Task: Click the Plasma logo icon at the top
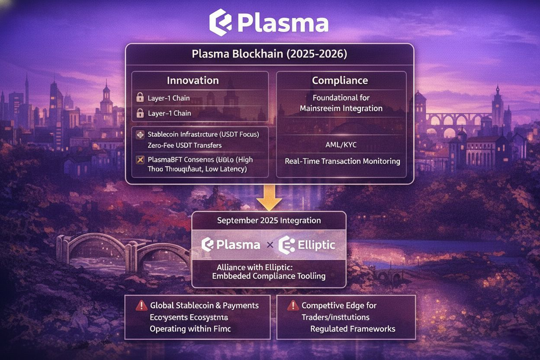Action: pos(221,22)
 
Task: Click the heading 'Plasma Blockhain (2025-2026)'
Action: pos(269,55)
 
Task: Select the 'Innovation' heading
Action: pos(193,80)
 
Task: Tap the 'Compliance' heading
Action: pos(340,80)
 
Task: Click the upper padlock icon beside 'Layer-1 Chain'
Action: pos(140,98)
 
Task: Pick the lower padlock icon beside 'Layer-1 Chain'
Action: pos(140,113)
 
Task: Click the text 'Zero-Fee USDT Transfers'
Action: pos(184,145)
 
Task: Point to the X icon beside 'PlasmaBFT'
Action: pos(140,160)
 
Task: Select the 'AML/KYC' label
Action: pos(341,145)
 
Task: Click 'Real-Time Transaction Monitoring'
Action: pos(342,161)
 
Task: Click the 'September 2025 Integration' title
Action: pos(269,220)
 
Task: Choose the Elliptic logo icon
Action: pos(287,245)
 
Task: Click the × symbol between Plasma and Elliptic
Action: pos(270,245)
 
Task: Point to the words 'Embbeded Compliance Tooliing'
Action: pos(269,276)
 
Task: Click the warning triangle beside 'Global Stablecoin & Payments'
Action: pos(141,305)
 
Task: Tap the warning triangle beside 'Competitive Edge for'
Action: pos(293,305)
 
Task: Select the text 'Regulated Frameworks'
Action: pos(353,329)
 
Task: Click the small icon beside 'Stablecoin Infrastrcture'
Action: pos(140,135)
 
